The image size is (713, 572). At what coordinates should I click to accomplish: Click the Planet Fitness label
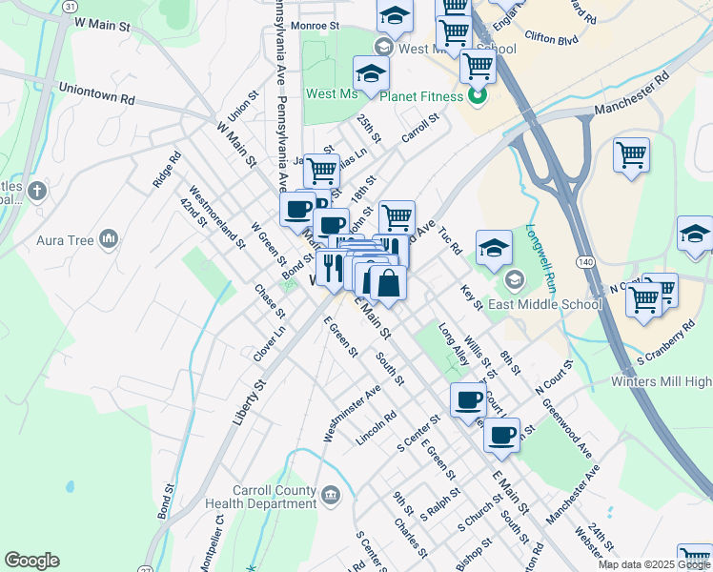(x=422, y=96)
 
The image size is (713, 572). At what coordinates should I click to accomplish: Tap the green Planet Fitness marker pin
(x=479, y=95)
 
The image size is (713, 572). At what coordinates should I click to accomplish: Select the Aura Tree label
(x=66, y=240)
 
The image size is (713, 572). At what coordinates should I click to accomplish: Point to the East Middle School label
(x=545, y=304)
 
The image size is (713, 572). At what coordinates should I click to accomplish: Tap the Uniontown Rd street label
(x=96, y=99)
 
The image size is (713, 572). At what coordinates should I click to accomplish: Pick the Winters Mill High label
(x=661, y=382)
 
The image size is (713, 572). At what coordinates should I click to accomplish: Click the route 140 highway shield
(x=584, y=259)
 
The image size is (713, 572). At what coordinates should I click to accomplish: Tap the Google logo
(x=31, y=561)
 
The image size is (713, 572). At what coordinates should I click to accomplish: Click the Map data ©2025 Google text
(x=655, y=564)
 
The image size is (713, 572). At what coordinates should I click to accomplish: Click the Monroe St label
(x=317, y=26)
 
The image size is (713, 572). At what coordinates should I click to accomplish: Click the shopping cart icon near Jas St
(x=321, y=171)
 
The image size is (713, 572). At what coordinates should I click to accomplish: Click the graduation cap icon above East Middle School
(x=494, y=248)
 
